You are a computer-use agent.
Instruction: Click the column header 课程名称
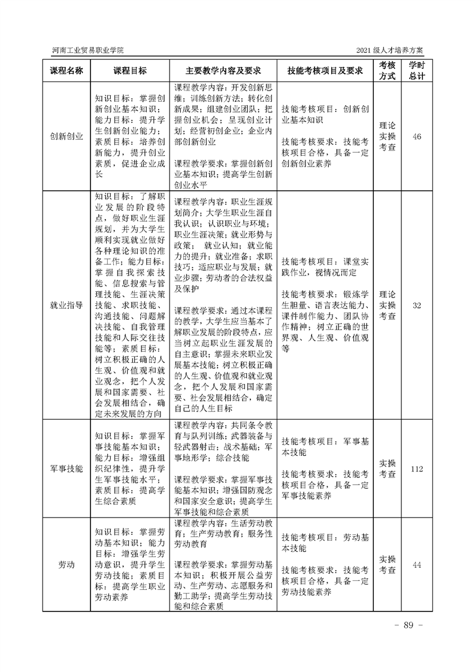click(x=66, y=71)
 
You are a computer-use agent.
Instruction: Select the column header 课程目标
click(x=129, y=71)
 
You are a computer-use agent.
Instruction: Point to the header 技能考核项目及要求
click(x=325, y=71)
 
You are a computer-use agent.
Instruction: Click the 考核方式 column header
click(x=388, y=71)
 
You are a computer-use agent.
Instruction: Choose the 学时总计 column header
click(x=417, y=71)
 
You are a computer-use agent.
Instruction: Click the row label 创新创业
click(x=66, y=137)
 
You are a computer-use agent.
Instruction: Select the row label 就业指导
click(x=66, y=305)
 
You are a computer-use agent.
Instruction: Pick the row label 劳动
click(x=66, y=565)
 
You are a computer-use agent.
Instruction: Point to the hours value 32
click(x=417, y=305)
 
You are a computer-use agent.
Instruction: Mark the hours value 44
click(x=417, y=565)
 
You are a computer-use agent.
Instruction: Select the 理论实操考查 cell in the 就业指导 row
click(x=388, y=305)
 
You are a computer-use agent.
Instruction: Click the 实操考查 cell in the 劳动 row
click(x=388, y=565)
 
